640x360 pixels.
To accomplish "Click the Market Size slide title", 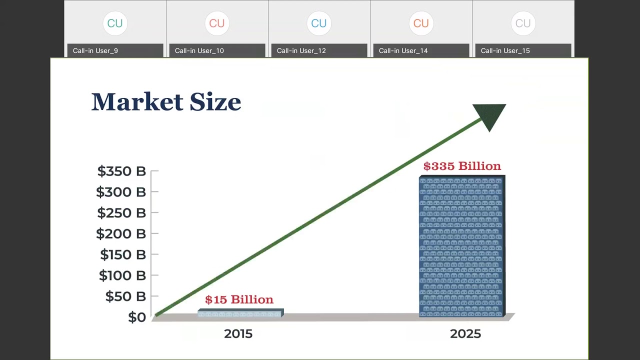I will click(x=166, y=102).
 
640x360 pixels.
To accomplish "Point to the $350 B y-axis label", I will click(x=121, y=171).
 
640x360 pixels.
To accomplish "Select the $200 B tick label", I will click(x=121, y=233).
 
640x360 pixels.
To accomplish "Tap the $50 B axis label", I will click(x=125, y=296).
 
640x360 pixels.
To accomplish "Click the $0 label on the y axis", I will click(x=137, y=317).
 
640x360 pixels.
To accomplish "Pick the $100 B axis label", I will click(x=122, y=275).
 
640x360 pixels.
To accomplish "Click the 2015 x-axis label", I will click(x=238, y=334).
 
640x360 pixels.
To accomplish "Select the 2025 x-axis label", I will click(x=465, y=334).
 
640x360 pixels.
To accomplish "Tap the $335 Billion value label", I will click(x=462, y=166).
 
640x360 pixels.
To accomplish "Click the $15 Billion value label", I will click(x=239, y=299).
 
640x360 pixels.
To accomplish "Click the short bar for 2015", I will click(x=240, y=313).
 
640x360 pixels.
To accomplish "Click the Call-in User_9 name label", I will click(x=95, y=50).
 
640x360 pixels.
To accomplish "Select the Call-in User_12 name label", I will click(x=301, y=50).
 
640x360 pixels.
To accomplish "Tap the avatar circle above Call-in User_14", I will click(x=421, y=23).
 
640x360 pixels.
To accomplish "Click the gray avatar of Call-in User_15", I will click(x=523, y=23).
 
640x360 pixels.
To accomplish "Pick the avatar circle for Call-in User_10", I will click(x=217, y=23).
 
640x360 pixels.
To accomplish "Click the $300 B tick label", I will click(x=121, y=192).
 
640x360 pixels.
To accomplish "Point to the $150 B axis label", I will click(x=123, y=254).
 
